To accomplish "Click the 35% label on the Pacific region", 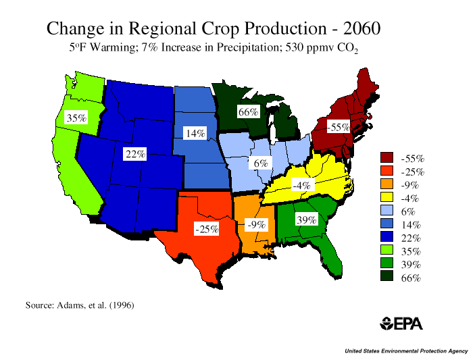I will [x=76, y=118].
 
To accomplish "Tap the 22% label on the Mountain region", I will [x=134, y=155].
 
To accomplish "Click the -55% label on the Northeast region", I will [x=338, y=127].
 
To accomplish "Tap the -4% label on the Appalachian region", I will [x=301, y=185].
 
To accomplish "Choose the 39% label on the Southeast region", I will [x=306, y=220].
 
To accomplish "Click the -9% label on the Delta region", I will [x=255, y=224].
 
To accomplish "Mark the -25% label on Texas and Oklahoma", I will [x=206, y=230].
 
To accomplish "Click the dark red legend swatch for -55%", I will [x=386, y=159].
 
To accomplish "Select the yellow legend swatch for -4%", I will [x=386, y=199].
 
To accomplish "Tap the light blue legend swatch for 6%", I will [x=386, y=211].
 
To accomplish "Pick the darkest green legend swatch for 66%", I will [x=386, y=277].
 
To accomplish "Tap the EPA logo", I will [x=401, y=324].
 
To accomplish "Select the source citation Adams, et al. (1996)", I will [x=80, y=305].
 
